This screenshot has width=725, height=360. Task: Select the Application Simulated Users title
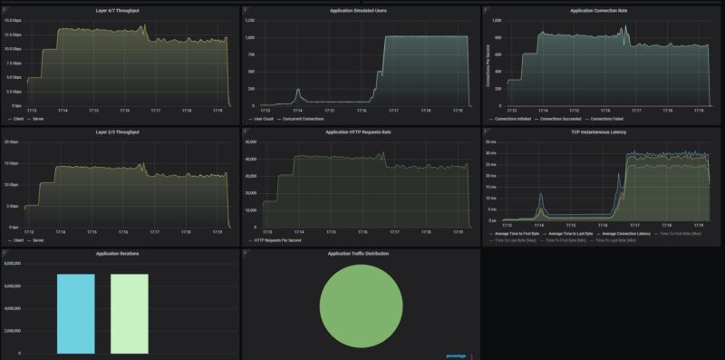tap(362, 10)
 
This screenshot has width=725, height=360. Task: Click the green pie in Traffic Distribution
tap(361, 306)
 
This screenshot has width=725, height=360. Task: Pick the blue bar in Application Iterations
tap(75, 313)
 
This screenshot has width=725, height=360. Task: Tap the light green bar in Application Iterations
tap(129, 313)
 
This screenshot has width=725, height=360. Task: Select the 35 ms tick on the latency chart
tap(491, 141)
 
